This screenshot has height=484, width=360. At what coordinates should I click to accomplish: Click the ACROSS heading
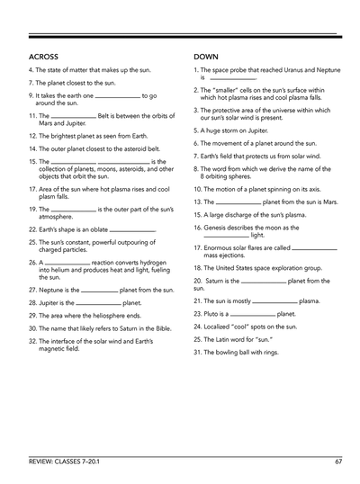point(44,57)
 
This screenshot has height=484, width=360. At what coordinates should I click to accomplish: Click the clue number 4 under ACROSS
point(31,69)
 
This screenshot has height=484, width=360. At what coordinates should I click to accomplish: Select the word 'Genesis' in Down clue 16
point(219,229)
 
